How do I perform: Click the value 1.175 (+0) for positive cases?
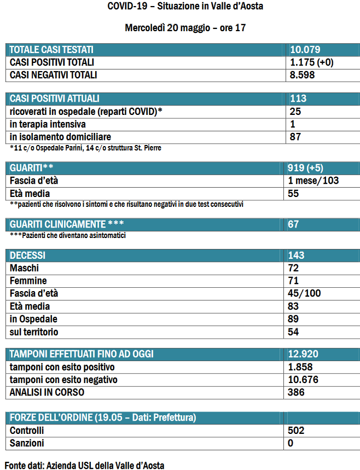click(x=311, y=62)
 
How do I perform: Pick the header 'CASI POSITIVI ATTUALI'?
click(x=55, y=99)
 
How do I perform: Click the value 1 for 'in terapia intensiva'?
click(x=293, y=124)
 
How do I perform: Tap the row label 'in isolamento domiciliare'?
click(x=61, y=137)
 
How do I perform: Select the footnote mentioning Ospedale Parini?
click(x=85, y=148)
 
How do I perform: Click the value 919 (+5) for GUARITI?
click(x=307, y=167)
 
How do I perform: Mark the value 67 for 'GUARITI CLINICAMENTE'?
click(x=295, y=224)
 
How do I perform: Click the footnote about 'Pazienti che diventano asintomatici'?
click(x=68, y=235)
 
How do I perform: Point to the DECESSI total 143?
click(x=297, y=256)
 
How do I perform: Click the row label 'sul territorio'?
click(x=34, y=332)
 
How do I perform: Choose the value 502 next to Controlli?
click(x=297, y=431)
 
